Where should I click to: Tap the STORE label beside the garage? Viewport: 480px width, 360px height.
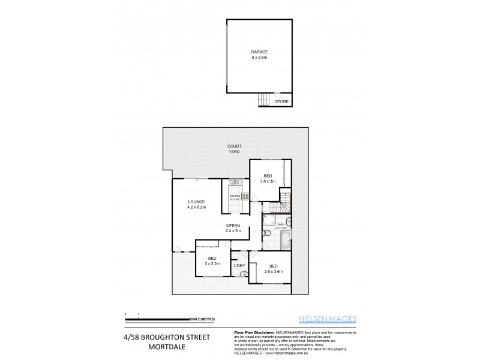pos(281,101)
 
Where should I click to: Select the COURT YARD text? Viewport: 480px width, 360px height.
pos(233,149)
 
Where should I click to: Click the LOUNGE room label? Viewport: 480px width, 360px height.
pos(196,202)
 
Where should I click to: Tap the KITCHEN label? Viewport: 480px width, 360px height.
pos(234,196)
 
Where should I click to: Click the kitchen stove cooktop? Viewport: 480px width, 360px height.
pos(245,196)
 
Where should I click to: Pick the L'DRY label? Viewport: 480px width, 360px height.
pos(239,265)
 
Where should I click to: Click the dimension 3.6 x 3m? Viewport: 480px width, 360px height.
pos(268,182)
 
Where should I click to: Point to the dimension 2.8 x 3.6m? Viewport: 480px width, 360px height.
pos(273,271)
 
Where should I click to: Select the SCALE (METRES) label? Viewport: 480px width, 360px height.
pos(202,319)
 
